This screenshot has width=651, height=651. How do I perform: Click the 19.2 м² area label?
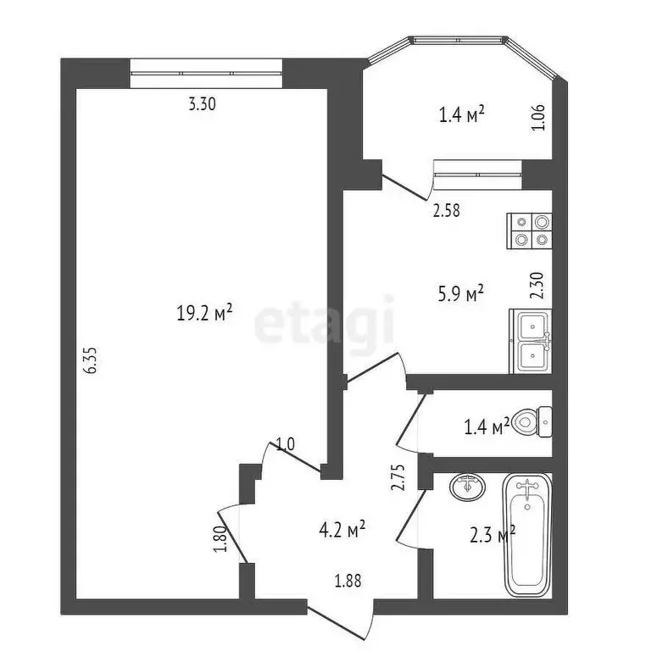click(x=204, y=314)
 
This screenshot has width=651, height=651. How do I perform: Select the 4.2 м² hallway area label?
click(x=342, y=530)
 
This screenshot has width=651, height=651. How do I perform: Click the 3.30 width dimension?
click(x=202, y=105)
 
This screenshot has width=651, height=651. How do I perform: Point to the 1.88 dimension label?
click(x=348, y=581)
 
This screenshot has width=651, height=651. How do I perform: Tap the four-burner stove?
click(x=531, y=231)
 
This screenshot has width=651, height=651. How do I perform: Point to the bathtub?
click(x=527, y=534)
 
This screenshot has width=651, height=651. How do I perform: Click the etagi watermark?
click(x=325, y=321)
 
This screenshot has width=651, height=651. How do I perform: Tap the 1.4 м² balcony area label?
click(x=461, y=114)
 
